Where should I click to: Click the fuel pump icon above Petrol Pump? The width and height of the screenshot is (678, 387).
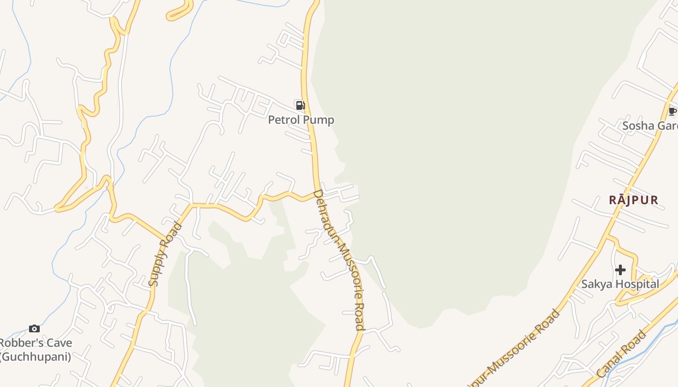(300, 105)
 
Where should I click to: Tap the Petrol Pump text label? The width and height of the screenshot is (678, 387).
(301, 119)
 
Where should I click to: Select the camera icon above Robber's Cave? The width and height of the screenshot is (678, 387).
(34, 329)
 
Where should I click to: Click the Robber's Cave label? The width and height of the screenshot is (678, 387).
(36, 343)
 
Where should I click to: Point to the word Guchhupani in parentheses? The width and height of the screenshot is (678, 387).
(36, 357)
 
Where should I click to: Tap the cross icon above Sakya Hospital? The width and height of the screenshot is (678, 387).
(620, 270)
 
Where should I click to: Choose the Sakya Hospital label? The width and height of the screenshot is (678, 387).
(620, 284)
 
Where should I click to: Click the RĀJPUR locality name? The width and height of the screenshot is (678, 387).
(634, 200)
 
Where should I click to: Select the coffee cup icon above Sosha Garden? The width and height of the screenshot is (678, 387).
(672, 112)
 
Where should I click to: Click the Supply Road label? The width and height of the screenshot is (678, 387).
(165, 254)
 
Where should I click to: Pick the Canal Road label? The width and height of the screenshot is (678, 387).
(622, 354)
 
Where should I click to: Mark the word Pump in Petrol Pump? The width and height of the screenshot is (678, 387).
(319, 119)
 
